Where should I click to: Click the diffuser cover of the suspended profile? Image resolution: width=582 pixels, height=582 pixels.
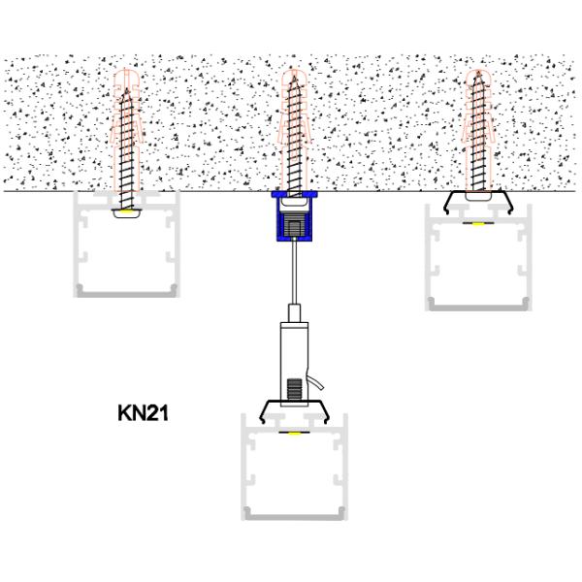[291, 512]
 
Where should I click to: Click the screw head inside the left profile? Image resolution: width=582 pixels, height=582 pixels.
[127, 210]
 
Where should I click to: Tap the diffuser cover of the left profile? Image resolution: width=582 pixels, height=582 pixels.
[127, 291]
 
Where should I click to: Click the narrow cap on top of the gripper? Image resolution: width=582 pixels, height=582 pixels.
[291, 312]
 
